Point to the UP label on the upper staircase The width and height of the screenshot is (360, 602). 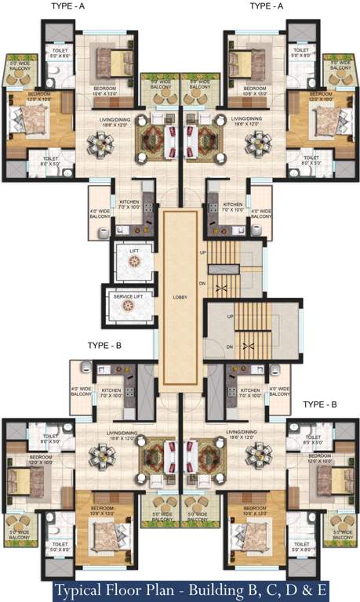click(203, 252)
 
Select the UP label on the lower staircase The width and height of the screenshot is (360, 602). click(230, 316)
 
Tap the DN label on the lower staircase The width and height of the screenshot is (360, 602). click(230, 346)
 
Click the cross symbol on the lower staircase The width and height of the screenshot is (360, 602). click(250, 346)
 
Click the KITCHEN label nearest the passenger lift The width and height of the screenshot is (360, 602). click(129, 203)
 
